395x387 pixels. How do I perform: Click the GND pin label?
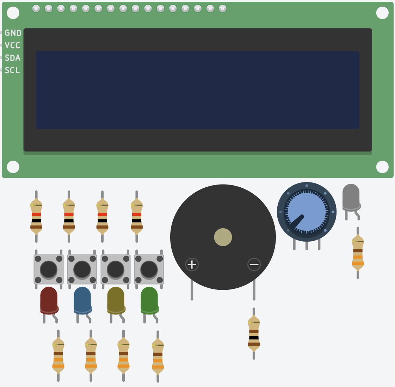click(13, 33)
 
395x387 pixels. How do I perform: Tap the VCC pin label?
click(12, 45)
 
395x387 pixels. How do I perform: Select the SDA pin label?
click(13, 58)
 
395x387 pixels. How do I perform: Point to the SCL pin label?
click(12, 70)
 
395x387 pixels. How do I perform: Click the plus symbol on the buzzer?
click(192, 264)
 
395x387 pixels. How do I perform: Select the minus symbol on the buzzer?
click(254, 264)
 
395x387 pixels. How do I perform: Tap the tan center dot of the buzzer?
click(223, 237)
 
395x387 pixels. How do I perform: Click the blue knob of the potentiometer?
click(307, 212)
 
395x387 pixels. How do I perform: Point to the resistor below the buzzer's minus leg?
click(254, 333)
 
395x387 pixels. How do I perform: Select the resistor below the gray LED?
click(358, 253)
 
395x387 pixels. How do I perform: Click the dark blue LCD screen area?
click(198, 90)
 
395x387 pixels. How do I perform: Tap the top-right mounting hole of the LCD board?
click(382, 13)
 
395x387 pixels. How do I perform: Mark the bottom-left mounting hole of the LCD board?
click(13, 167)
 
